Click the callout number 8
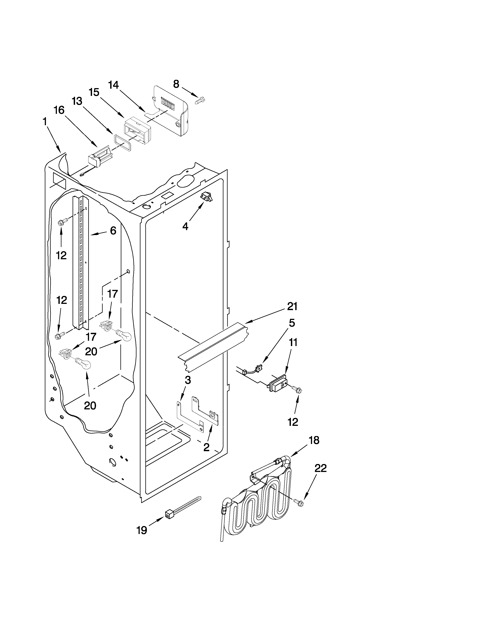pyautogui.click(x=176, y=84)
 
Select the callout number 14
pyautogui.click(x=113, y=85)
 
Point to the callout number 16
pyautogui.click(x=59, y=110)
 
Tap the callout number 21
pyautogui.click(x=292, y=306)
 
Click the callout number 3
pyautogui.click(x=188, y=380)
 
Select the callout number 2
pyautogui.click(x=206, y=447)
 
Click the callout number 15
pyautogui.click(x=94, y=92)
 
